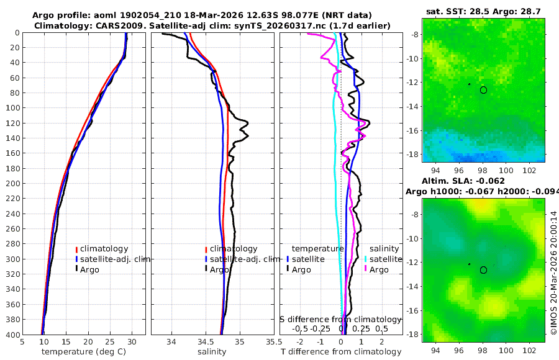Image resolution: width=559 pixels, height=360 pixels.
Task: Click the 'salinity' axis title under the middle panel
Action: [212, 352]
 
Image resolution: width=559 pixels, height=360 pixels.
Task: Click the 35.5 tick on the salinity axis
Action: [270, 341]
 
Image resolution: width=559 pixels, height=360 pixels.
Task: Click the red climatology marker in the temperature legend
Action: [76, 249]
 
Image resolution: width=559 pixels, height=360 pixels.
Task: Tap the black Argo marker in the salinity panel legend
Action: [206, 269]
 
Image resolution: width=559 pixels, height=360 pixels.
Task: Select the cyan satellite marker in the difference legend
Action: [365, 259]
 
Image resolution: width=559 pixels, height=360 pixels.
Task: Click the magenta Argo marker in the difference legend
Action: [365, 269]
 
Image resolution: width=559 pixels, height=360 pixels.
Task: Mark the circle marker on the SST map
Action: [483, 90]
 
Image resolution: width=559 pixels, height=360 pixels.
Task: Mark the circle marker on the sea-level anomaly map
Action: [483, 270]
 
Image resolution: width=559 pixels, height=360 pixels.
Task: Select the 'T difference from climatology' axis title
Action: [341, 352]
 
